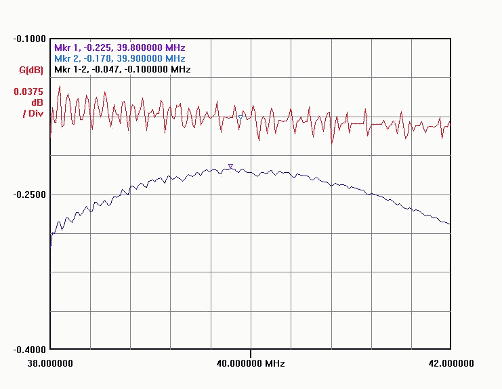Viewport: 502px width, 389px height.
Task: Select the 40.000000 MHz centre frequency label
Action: tap(250, 364)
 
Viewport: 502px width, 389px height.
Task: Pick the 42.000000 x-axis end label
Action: tap(451, 364)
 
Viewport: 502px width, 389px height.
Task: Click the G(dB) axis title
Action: tap(31, 70)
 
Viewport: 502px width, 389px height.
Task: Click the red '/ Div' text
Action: tap(33, 113)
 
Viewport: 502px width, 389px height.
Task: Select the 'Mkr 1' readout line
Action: tap(119, 48)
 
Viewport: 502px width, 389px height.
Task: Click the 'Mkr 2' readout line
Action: tap(119, 59)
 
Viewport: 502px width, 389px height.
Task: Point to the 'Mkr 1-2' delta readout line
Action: tap(122, 70)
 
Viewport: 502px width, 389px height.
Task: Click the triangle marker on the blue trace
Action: tap(230, 166)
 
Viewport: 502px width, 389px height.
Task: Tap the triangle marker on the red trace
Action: tap(240, 117)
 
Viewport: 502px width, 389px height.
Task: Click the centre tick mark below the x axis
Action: tap(250, 353)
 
